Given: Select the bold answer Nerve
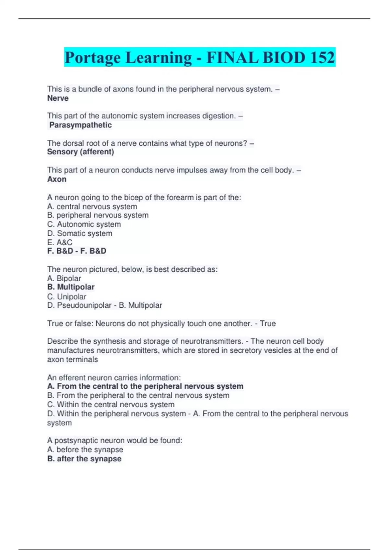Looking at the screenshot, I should click(58, 98).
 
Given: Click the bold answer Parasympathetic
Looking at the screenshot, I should click(80, 125).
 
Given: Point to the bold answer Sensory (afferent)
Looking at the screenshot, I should click(80, 152).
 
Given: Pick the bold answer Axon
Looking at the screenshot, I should click(57, 179).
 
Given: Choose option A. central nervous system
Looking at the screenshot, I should click(92, 206).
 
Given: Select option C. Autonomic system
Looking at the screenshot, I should click(84, 224).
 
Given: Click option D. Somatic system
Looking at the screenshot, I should click(80, 233).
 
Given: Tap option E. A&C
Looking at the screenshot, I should click(60, 242).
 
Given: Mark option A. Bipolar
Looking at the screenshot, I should click(64, 278).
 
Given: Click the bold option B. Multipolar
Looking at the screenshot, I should click(71, 287).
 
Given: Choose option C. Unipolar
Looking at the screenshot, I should click(67, 297).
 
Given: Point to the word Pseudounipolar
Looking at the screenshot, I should click(84, 305).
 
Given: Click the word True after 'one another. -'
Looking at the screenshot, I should click(268, 324).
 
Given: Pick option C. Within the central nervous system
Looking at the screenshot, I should click(111, 404).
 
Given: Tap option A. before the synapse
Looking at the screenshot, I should click(85, 449).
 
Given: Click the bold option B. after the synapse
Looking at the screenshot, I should click(84, 459).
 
